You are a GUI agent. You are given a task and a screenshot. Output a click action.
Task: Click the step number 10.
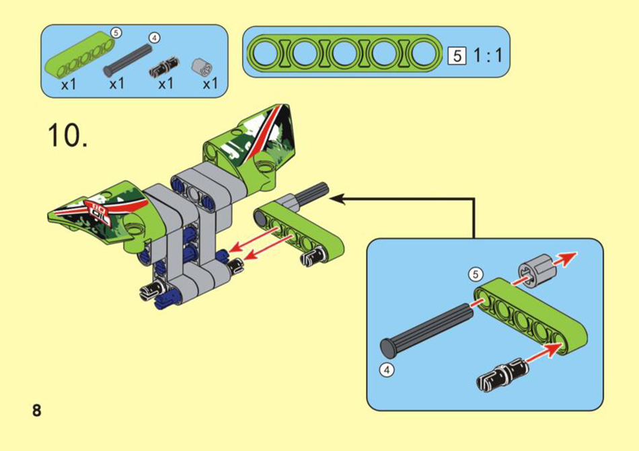[x=67, y=135]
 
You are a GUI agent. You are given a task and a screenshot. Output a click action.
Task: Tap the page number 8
[x=37, y=410]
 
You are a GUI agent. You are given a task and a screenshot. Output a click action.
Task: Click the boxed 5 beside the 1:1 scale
[x=457, y=56]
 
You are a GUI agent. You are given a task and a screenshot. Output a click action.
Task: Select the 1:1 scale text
[x=488, y=55]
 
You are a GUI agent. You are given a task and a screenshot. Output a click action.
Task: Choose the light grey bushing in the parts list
[x=202, y=66]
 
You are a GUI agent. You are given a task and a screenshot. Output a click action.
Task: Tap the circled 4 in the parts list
[x=155, y=38]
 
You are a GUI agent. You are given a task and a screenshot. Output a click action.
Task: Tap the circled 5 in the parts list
[x=116, y=32]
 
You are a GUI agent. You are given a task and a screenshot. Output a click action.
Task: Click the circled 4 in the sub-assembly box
[x=387, y=370]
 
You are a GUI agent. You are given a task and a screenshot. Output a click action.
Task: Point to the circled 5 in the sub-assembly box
[x=475, y=274]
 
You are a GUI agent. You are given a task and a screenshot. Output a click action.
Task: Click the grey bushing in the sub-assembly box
[x=533, y=271]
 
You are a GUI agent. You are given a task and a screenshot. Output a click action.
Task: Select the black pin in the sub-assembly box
[x=502, y=375]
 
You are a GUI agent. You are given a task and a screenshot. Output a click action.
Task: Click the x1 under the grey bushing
[x=211, y=84]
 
